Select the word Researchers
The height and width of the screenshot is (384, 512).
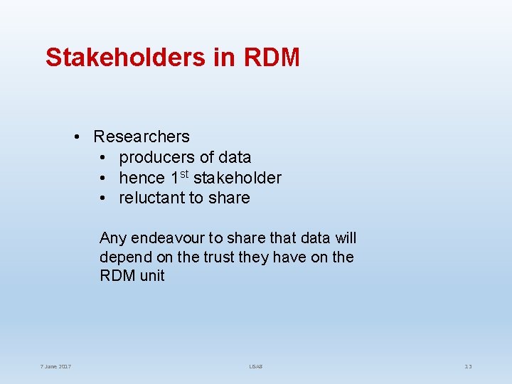pos(142,136)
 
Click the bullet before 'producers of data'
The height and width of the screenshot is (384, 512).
pos(103,156)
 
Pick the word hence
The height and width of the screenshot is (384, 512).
pos(140,178)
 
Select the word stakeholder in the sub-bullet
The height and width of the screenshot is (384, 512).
pos(238,178)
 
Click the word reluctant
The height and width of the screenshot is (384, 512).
pos(149,198)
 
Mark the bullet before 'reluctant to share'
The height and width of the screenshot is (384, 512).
pos(103,198)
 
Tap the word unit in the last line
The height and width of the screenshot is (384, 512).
pos(152,276)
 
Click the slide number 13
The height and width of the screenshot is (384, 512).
pos(468,367)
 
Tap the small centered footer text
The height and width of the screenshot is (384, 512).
pos(256,367)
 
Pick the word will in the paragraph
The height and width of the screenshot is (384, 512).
pos(345,238)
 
